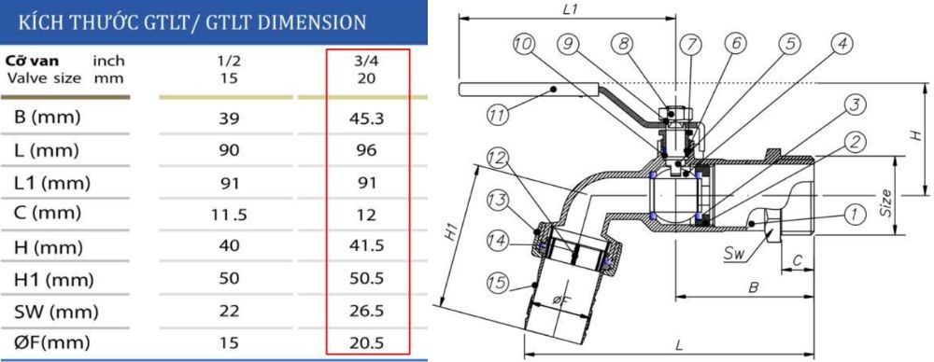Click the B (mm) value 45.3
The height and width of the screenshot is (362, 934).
[x=367, y=118]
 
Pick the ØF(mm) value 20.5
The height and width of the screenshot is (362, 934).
[x=367, y=342]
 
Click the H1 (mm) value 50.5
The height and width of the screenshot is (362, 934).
[x=367, y=279]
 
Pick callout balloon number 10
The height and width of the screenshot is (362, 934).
[x=525, y=43]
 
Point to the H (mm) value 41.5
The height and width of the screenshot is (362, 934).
[x=367, y=247]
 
